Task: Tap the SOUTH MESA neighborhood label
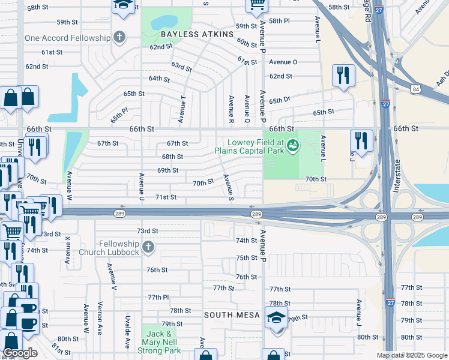pyautogui.click(x=232, y=315)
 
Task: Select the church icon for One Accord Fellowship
pyautogui.click(x=119, y=38)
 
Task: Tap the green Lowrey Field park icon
pyautogui.click(x=292, y=145)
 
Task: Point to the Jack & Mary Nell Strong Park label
pyautogui.click(x=161, y=342)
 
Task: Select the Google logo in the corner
pyautogui.click(x=20, y=353)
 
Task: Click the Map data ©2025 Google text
pyautogui.click(x=411, y=355)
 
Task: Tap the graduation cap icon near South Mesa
pyautogui.click(x=276, y=317)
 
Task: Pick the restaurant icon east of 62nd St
pyautogui.click(x=343, y=75)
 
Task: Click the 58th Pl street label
pyautogui.click(x=279, y=21)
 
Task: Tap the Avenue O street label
pyautogui.click(x=283, y=62)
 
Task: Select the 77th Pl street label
pyautogui.click(x=159, y=297)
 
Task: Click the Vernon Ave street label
pyautogui.click(x=100, y=318)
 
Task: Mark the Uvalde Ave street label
pyautogui.click(x=128, y=333)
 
